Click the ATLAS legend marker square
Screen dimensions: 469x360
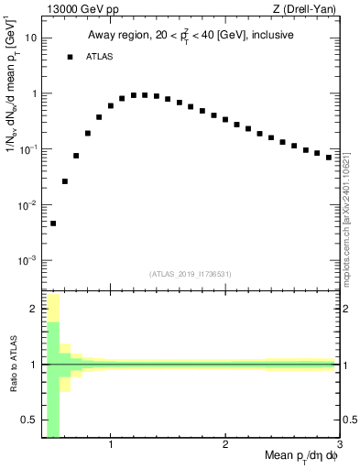point(70,58)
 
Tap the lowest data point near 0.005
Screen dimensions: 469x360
point(53,224)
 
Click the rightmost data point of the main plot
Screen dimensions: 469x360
point(329,158)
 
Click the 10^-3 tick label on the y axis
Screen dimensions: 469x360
point(27,260)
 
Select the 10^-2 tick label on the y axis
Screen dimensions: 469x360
point(27,205)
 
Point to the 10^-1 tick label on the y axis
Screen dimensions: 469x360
point(27,149)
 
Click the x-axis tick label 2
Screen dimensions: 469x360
point(225,445)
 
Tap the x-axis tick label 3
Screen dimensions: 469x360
point(340,445)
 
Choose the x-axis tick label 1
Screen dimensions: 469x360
point(111,445)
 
